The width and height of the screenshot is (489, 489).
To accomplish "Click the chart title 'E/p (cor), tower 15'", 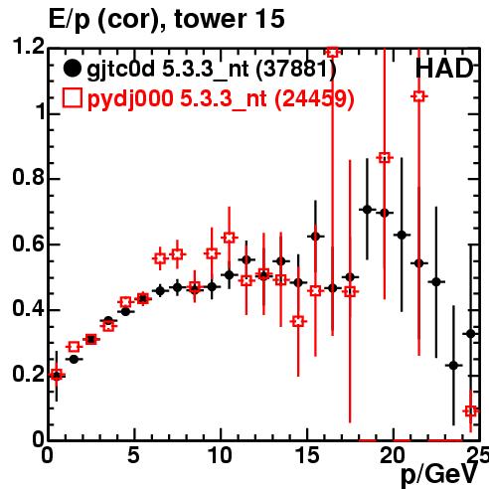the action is click(166, 19).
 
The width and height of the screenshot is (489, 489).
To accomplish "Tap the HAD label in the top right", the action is click(444, 69).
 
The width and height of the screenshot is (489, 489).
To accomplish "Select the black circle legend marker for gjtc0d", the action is click(72, 69).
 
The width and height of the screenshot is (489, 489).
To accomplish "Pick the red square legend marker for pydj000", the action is click(72, 97).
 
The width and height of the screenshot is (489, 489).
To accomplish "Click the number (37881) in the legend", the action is click(296, 70).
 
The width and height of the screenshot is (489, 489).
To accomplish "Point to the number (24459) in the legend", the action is click(314, 98).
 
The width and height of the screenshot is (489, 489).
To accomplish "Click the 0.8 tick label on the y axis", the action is click(28, 177).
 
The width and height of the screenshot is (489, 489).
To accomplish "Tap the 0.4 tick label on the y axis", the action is click(28, 308).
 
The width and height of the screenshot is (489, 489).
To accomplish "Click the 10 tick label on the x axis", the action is click(220, 455).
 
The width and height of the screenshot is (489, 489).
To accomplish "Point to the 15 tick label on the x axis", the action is click(306, 455).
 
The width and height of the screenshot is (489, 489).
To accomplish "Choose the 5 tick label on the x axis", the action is click(133, 455).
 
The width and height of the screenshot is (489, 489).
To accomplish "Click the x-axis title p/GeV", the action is click(439, 475).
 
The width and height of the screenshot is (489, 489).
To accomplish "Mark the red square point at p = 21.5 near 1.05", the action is click(419, 96).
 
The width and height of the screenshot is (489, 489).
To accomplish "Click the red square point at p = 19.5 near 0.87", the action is click(385, 158).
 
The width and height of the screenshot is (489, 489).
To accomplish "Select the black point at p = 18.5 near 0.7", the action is click(367, 210).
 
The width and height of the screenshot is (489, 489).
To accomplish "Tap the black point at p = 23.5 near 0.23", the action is click(453, 366).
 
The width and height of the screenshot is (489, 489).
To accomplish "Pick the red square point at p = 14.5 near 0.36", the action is click(298, 321).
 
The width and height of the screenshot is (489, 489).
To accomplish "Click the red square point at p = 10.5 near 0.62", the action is click(229, 238).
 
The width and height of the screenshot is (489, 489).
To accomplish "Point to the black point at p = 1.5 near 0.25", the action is click(74, 359).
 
